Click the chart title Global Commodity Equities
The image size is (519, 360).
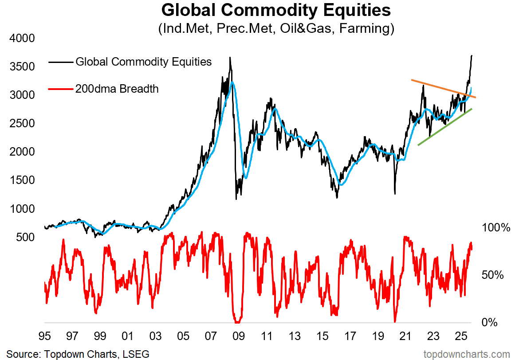pyautogui.click(x=276, y=10)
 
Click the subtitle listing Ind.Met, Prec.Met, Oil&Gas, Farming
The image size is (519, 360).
pyautogui.click(x=276, y=29)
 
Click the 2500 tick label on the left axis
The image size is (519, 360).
pyautogui.click(x=22, y=123)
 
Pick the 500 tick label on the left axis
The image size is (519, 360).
pyautogui.click(x=25, y=237)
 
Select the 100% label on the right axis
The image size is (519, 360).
pyautogui.click(x=496, y=228)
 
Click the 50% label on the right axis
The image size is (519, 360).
pyautogui.click(x=493, y=275)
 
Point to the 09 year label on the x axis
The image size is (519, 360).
pyautogui.click(x=239, y=337)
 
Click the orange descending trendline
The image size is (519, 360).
pyautogui.click(x=444, y=88)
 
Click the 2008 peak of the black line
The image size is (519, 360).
pyautogui.click(x=230, y=58)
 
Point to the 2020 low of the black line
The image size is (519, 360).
pyautogui.click(x=394, y=193)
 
